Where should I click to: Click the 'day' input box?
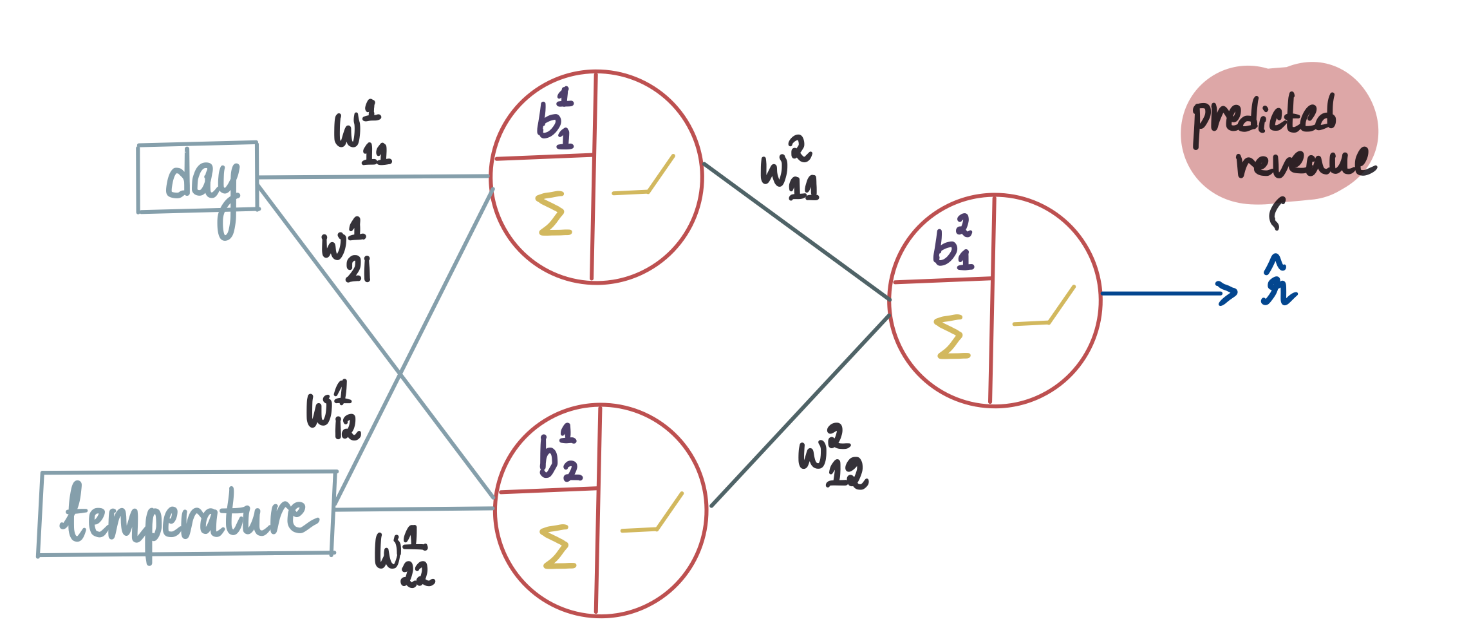tap(198, 177)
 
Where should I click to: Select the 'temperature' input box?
tap(187, 513)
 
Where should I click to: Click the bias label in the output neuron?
tap(953, 244)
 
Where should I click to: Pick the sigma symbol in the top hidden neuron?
tap(554, 213)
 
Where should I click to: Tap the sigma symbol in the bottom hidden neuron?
tap(557, 547)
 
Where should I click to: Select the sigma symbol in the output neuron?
tap(952, 336)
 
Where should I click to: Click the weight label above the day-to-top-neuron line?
tap(362, 133)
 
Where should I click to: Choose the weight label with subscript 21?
tap(347, 250)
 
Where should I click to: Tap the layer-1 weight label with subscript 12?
tap(332, 411)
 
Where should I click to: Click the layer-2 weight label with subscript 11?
tap(789, 169)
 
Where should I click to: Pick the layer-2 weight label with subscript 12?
tap(832, 456)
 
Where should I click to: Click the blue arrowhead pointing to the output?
tap(1228, 294)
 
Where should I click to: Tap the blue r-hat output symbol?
tap(1278, 283)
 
